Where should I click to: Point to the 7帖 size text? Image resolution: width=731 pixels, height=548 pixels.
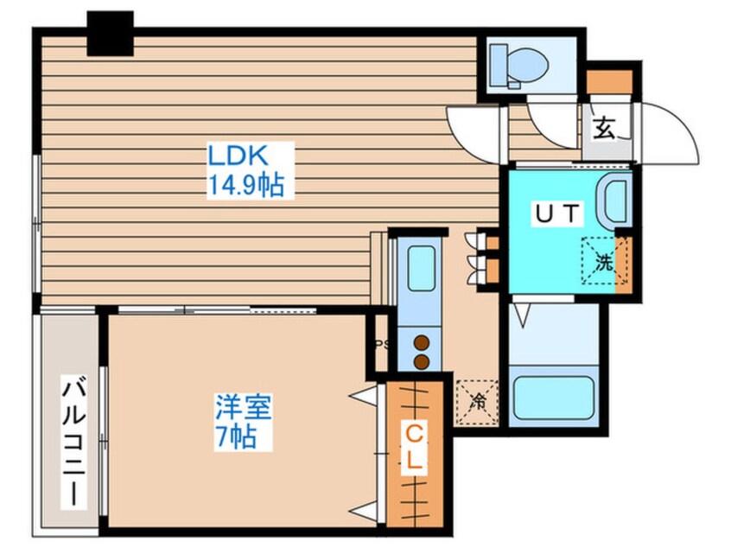(x=235, y=436)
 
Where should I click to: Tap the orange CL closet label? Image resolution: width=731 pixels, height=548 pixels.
(x=415, y=446)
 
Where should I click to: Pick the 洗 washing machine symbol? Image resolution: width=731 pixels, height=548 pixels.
(x=603, y=259)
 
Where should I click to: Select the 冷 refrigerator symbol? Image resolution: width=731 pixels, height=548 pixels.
(x=477, y=402)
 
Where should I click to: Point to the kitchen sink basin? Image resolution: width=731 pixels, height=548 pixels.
(x=421, y=269)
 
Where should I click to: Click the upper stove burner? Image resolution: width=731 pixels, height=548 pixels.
(x=422, y=342)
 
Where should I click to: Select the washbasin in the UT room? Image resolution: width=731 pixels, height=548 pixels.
(x=617, y=201)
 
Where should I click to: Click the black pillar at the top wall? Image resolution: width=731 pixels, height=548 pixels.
(x=110, y=33)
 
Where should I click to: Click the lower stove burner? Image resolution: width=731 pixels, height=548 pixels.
(x=422, y=360)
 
